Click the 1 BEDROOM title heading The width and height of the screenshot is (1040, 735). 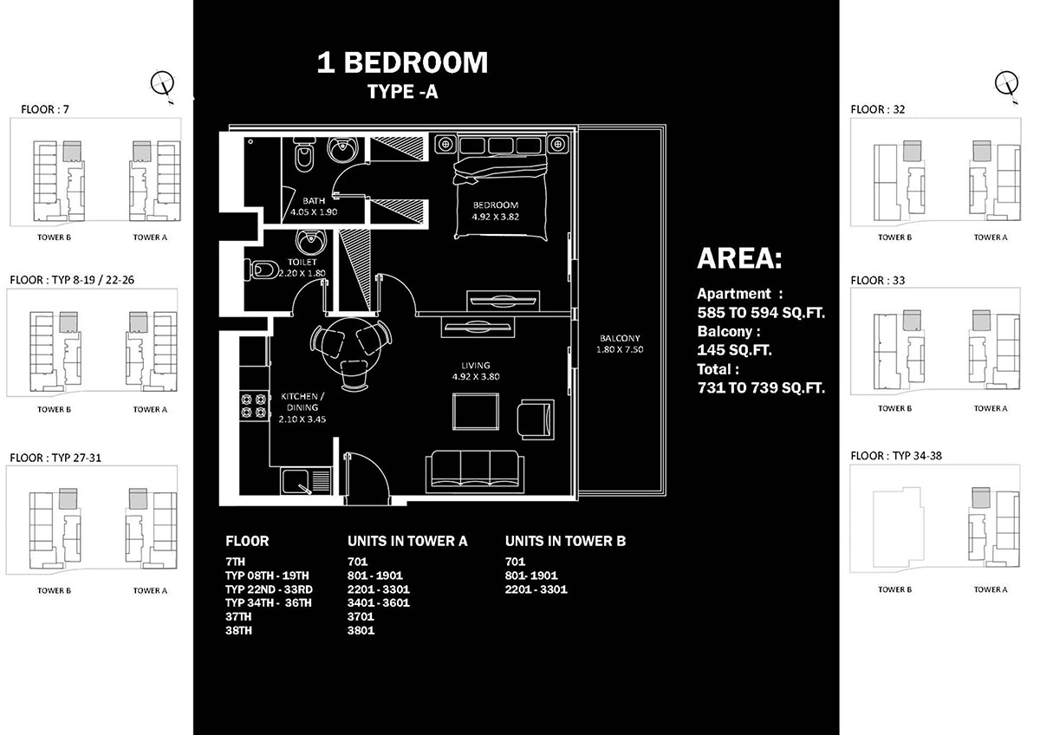pyautogui.click(x=402, y=63)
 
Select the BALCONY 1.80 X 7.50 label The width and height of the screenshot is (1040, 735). pyautogui.click(x=619, y=343)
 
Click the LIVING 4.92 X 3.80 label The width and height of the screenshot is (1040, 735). pyautogui.click(x=476, y=371)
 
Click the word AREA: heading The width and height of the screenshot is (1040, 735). pyautogui.click(x=739, y=260)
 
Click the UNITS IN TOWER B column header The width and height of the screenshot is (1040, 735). pyautogui.click(x=565, y=542)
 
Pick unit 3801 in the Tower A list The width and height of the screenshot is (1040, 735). pyautogui.click(x=361, y=630)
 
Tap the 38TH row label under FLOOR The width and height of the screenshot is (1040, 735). pyautogui.click(x=239, y=630)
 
